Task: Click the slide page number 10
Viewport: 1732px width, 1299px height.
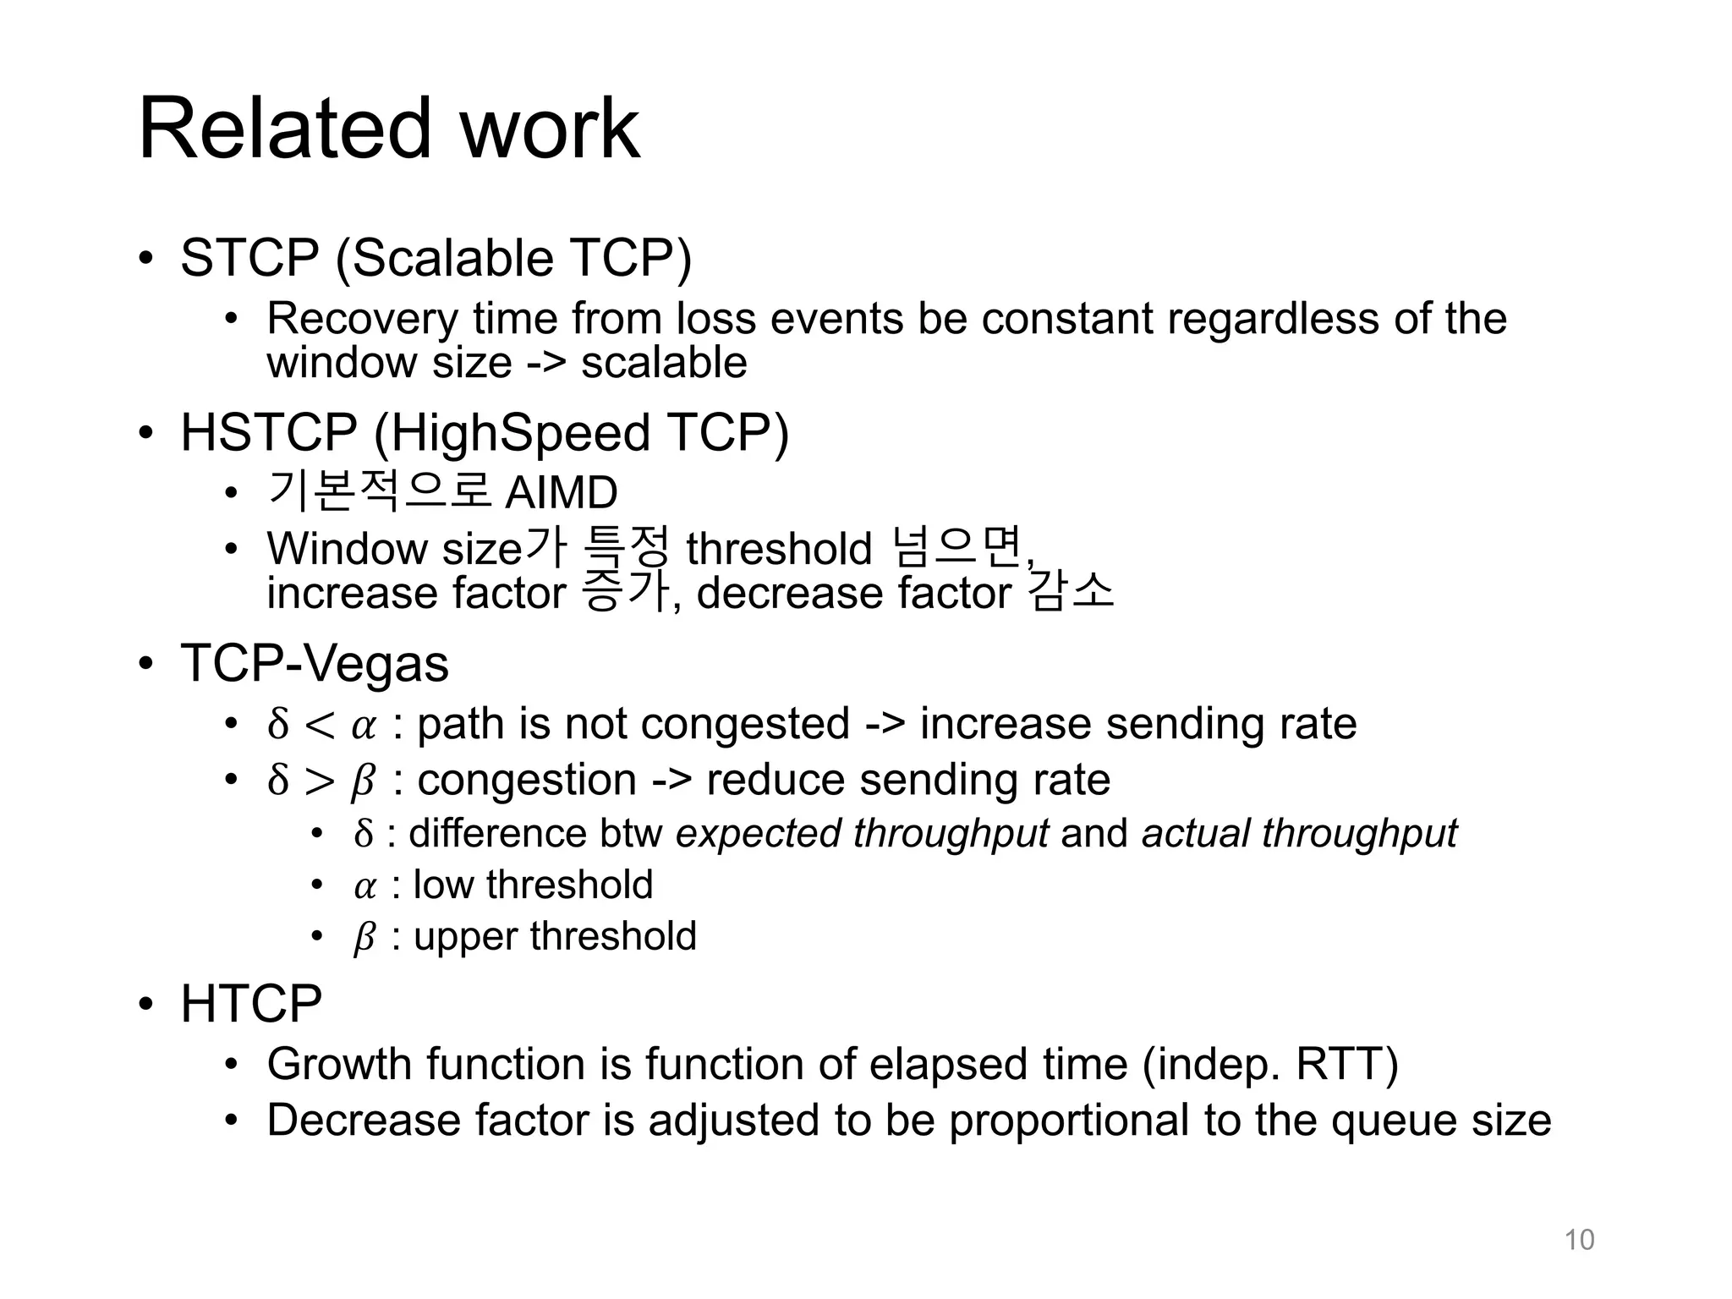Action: click(x=1579, y=1240)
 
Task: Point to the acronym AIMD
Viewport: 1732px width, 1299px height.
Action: click(x=561, y=493)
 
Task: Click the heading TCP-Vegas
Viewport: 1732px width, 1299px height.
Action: click(x=315, y=663)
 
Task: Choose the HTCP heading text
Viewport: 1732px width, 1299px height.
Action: click(x=251, y=1004)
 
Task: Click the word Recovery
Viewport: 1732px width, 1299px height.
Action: click(x=362, y=319)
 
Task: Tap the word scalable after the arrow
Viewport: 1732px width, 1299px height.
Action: click(x=664, y=363)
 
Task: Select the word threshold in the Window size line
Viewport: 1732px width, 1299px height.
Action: click(x=779, y=549)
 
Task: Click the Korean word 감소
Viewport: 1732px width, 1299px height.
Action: click(x=1072, y=592)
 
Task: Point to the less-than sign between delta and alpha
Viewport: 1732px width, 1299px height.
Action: click(x=319, y=725)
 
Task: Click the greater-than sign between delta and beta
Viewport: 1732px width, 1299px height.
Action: click(x=319, y=781)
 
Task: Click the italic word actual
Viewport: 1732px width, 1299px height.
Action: click(x=1194, y=834)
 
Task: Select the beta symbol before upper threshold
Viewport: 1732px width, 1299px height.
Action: click(x=364, y=938)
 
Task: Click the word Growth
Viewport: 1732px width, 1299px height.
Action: click(x=339, y=1064)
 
